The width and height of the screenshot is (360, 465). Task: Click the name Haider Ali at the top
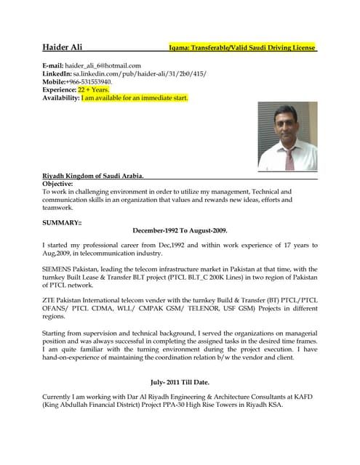63,48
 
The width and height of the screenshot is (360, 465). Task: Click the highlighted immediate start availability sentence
135,97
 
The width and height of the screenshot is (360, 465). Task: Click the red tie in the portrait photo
289,158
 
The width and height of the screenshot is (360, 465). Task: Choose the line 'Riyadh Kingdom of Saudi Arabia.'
93,177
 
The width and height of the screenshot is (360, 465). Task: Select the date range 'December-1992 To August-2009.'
180,230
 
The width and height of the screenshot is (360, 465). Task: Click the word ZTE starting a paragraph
49,300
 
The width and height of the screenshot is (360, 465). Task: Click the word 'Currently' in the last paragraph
59,396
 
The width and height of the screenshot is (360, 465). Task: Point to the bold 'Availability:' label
61,97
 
